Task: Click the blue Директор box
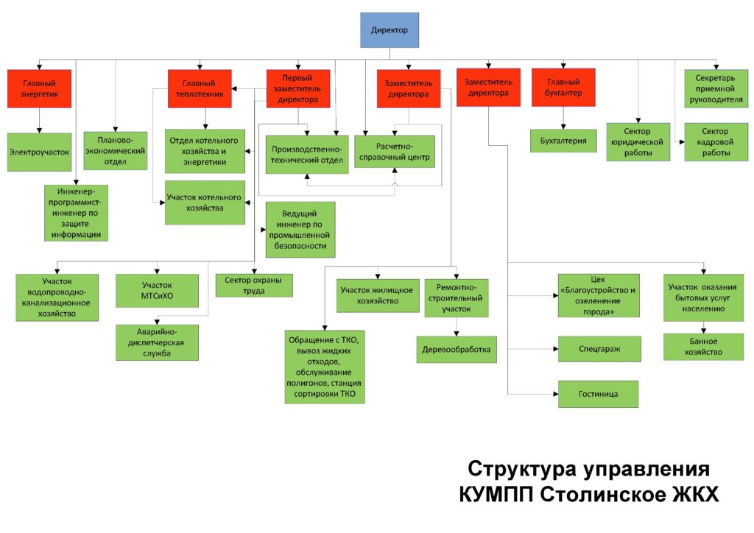389,30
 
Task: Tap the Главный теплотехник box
200,89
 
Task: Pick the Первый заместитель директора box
297,89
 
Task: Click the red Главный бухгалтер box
563,88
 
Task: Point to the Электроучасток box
39,151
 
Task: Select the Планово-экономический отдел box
116,150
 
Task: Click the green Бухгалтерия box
563,140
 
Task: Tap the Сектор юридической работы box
638,141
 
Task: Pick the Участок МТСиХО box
157,290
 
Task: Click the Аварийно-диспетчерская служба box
157,342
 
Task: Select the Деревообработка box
457,349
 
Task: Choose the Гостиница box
598,394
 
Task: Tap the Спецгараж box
598,348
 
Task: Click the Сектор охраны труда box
254,285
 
